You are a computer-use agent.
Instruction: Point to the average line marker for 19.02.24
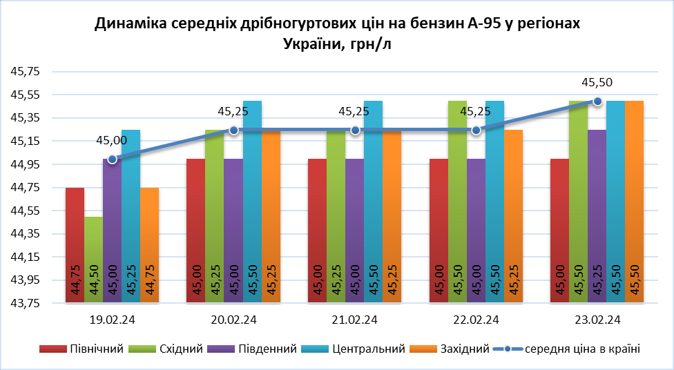point(113,159)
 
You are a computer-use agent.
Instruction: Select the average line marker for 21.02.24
point(355,130)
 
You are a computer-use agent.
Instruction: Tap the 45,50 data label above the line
point(597,83)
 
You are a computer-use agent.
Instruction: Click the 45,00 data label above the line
point(111,141)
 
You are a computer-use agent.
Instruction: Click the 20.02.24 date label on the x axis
point(234,320)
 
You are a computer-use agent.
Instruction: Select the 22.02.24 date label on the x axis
point(476,320)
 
